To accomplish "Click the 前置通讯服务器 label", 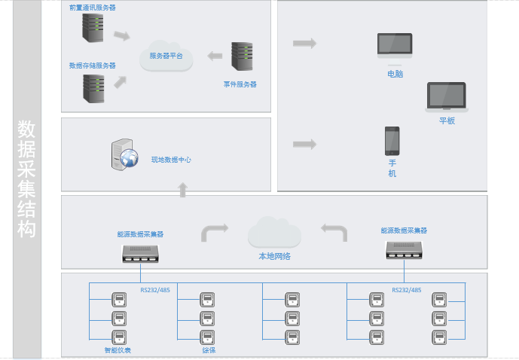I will click(x=92, y=8).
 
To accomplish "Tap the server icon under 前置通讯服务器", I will click(x=93, y=29).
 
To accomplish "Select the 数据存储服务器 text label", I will click(x=92, y=66).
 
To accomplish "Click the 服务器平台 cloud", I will click(x=166, y=55).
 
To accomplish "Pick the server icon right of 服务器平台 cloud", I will click(x=241, y=57).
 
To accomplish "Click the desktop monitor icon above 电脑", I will click(x=395, y=47).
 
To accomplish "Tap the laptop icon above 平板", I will click(x=447, y=97).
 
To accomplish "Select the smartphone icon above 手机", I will click(x=392, y=140).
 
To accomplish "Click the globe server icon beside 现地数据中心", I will click(x=124, y=154).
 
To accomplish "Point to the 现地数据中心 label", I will click(x=171, y=160).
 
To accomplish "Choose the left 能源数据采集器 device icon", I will click(x=140, y=252).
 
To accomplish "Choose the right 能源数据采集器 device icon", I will click(x=403, y=249).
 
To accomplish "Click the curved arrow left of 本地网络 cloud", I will click(x=214, y=230).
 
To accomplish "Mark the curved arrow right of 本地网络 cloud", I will click(x=334, y=230).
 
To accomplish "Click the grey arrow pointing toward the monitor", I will click(x=304, y=43).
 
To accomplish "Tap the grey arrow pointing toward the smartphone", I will click(x=304, y=144).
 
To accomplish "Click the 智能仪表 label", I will click(x=118, y=350).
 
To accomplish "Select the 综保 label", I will click(x=209, y=350).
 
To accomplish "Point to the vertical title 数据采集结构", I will click(x=26, y=178).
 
